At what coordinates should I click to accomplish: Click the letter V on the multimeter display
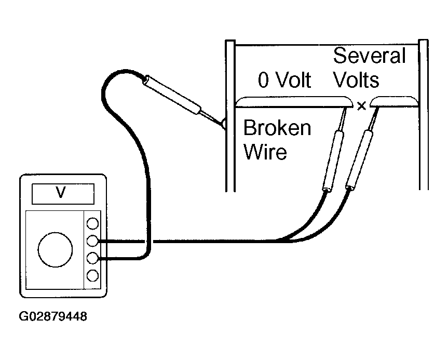click(61, 192)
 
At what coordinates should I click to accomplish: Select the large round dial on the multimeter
click(55, 250)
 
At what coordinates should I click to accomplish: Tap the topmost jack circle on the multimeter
click(92, 223)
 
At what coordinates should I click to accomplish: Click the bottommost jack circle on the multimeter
click(92, 276)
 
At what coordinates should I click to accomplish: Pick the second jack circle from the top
click(92, 241)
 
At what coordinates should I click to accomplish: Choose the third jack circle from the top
click(92, 258)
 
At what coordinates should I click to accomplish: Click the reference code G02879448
click(53, 316)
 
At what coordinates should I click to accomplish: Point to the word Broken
click(277, 128)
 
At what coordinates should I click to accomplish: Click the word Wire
click(265, 152)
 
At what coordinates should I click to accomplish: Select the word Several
click(370, 56)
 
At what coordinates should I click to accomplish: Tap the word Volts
click(356, 79)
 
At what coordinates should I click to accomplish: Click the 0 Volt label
click(284, 80)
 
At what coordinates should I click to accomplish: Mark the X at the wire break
click(362, 106)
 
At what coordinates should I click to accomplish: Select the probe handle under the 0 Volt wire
click(333, 161)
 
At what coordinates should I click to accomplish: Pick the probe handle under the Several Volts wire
click(359, 159)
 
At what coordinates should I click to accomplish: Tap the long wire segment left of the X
click(294, 102)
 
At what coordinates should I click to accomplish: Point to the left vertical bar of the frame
click(230, 116)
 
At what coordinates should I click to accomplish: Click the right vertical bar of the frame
click(424, 114)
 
